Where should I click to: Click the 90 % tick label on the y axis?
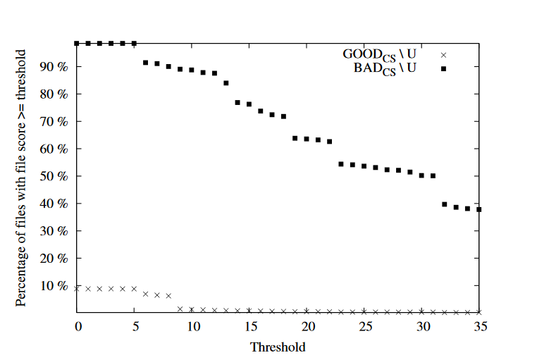[x=56, y=67]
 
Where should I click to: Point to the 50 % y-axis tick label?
[x=56, y=176]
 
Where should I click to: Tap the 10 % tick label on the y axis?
[x=56, y=286]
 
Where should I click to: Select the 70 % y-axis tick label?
[x=56, y=122]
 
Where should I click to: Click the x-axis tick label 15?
[x=249, y=326]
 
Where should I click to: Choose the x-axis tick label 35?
[x=479, y=326]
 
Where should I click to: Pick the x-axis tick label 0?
[x=77, y=326]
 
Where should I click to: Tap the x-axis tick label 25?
[x=364, y=326]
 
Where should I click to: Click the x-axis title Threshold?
[x=278, y=347]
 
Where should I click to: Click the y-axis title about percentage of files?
[x=21, y=178]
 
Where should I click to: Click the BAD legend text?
[x=384, y=68]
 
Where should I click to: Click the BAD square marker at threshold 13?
[x=226, y=83]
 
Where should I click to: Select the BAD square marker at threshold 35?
[x=479, y=209]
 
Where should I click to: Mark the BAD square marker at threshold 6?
[x=146, y=63]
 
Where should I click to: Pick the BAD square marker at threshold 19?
[x=295, y=138]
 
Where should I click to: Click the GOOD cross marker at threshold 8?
[x=168, y=296]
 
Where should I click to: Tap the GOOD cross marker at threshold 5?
[x=134, y=289]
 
